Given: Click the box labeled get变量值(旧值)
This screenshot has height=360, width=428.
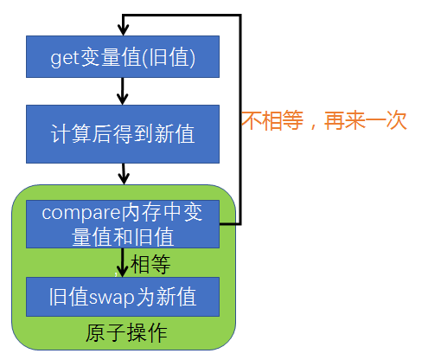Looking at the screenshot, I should click(x=123, y=57).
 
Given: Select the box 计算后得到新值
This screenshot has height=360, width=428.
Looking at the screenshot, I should click(x=123, y=134).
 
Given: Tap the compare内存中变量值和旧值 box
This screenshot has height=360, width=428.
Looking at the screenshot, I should click(x=123, y=223).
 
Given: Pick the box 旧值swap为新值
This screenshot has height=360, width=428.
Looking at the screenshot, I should click(x=123, y=297).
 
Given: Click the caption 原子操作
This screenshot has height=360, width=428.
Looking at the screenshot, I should click(x=126, y=332).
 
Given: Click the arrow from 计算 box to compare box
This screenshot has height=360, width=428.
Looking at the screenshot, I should click(x=123, y=173).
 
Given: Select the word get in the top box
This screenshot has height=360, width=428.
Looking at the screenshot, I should click(x=64, y=57).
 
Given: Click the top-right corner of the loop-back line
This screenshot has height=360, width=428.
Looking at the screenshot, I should click(x=240, y=16).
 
